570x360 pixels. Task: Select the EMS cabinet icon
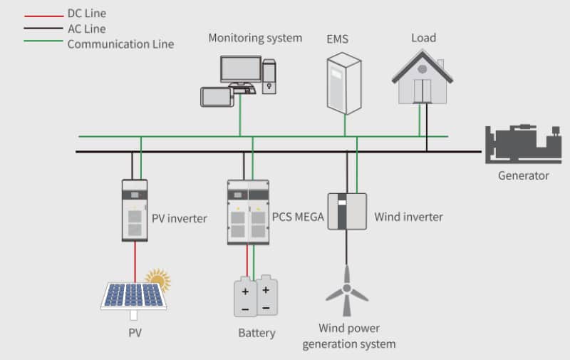[x=344, y=83]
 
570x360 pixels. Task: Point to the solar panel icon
[x=133, y=297]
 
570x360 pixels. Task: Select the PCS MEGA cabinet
[x=248, y=212]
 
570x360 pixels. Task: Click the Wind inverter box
[x=347, y=211]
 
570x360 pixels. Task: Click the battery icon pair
[x=256, y=296]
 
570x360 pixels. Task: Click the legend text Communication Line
[x=120, y=44]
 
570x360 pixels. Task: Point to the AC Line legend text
[x=86, y=29]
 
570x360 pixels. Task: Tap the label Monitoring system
[x=255, y=38]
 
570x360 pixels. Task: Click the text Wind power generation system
[x=348, y=336]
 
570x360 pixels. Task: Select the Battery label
[x=256, y=333]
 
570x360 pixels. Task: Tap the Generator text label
[x=523, y=175]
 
